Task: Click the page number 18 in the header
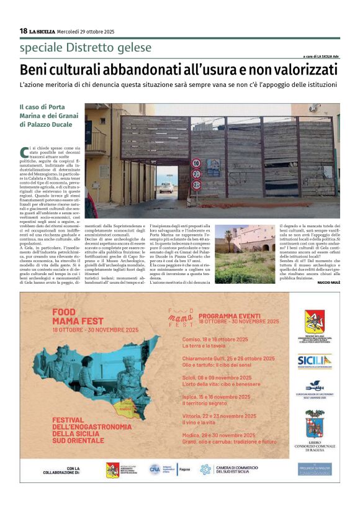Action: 24,31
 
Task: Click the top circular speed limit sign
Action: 196,163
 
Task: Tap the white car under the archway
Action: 166,187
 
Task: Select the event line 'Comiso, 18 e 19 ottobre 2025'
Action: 215,339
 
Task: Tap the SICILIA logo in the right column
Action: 314,360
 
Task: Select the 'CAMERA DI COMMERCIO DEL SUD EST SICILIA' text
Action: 236,469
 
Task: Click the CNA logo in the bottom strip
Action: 155,469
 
